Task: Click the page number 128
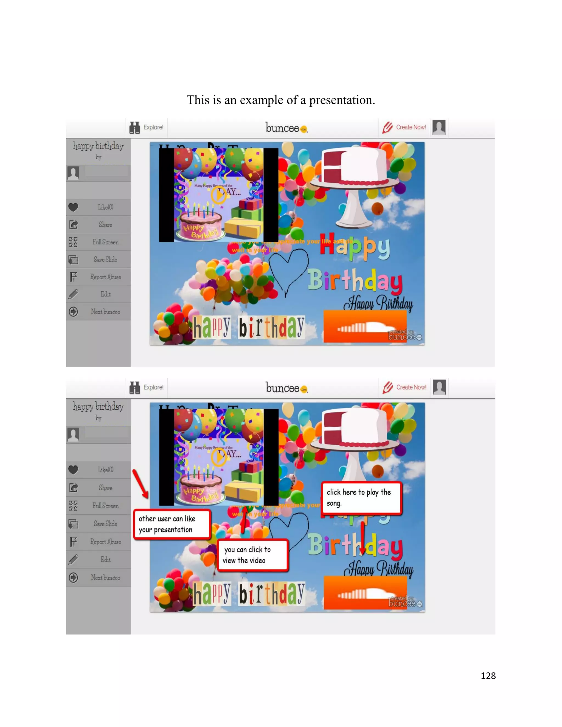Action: pyautogui.click(x=488, y=675)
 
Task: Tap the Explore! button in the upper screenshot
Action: pyautogui.click(x=147, y=128)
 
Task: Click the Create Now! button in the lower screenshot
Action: pyautogui.click(x=405, y=387)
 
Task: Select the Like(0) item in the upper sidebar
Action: pyautogui.click(x=105, y=207)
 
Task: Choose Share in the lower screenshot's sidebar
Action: pyautogui.click(x=105, y=488)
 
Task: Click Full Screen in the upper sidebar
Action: pyautogui.click(x=105, y=242)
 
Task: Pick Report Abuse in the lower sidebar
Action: pyautogui.click(x=105, y=542)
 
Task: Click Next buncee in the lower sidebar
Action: pyautogui.click(x=105, y=577)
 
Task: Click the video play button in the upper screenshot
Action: pyautogui.click(x=218, y=195)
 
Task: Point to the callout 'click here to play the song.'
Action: pyautogui.click(x=362, y=498)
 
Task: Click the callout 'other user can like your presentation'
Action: pyautogui.click(x=172, y=524)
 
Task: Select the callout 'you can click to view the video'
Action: pyautogui.click(x=252, y=555)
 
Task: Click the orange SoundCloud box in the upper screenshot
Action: pyautogui.click(x=365, y=326)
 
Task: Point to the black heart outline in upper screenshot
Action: pyautogui.click(x=289, y=270)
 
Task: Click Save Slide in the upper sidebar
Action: pyautogui.click(x=105, y=259)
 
